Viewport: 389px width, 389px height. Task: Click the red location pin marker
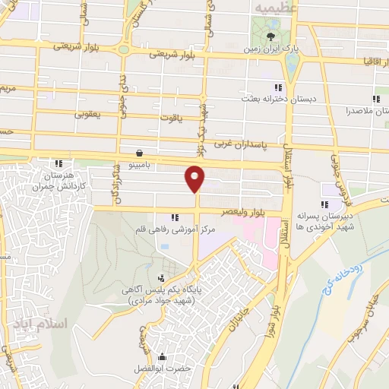pyautogui.click(x=195, y=179)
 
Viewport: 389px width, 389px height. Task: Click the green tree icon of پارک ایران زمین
pyautogui.click(x=272, y=35)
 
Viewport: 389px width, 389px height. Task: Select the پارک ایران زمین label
pyautogui.click(x=271, y=49)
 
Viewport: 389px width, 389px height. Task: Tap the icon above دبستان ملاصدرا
pyautogui.click(x=375, y=99)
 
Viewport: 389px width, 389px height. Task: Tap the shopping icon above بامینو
pyautogui.click(x=138, y=152)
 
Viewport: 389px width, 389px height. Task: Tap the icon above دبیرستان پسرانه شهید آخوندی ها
pyautogui.click(x=325, y=204)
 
